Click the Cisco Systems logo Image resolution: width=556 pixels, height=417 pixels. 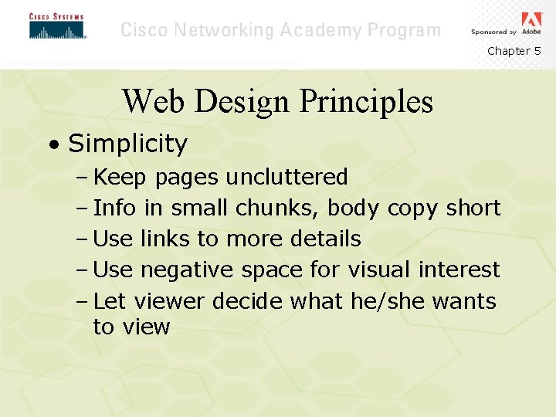coord(56,26)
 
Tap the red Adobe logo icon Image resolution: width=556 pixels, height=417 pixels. coord(532,20)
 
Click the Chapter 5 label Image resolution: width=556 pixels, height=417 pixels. coord(514,51)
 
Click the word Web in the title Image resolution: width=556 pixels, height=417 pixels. coord(150,101)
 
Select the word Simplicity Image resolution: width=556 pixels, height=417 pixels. coord(127,144)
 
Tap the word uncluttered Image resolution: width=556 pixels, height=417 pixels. coord(286,177)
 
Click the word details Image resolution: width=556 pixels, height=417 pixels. coord(325,239)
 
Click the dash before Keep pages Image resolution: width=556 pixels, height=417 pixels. coord(83,177)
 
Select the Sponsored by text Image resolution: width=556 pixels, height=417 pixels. coord(493,32)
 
